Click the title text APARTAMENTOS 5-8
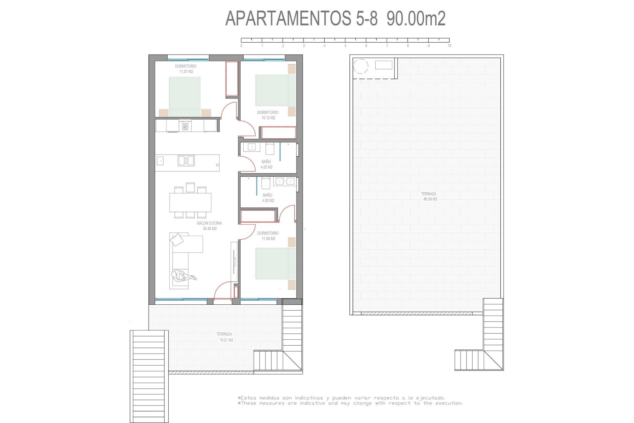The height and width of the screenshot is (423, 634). (x=301, y=19)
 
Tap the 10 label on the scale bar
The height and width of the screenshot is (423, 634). (x=449, y=46)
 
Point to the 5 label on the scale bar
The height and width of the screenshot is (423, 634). (x=345, y=46)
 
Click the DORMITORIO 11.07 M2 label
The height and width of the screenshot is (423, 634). (x=186, y=69)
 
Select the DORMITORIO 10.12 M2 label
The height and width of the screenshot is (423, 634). (x=268, y=115)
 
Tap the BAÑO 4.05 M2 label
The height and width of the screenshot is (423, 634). (x=266, y=164)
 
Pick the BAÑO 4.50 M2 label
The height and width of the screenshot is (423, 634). (x=268, y=198)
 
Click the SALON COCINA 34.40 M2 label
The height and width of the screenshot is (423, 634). (x=209, y=226)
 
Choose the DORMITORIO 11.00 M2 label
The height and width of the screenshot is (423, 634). (x=268, y=236)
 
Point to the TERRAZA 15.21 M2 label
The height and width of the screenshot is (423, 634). (x=225, y=337)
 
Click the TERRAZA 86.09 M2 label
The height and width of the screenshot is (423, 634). (x=429, y=197)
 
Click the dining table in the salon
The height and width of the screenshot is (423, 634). (x=190, y=202)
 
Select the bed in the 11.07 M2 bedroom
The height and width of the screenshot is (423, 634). (x=185, y=96)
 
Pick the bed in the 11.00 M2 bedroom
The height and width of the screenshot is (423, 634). (x=275, y=264)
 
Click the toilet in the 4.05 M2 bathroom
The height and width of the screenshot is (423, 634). (x=270, y=149)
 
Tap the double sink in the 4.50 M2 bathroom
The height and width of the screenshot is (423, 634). (x=285, y=181)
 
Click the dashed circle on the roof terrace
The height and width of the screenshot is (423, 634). (x=361, y=66)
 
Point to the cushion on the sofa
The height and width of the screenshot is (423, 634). (x=177, y=240)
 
